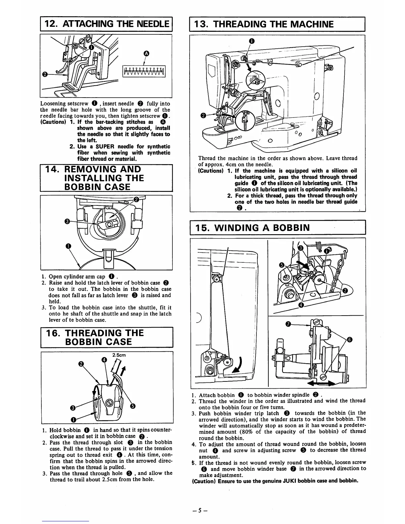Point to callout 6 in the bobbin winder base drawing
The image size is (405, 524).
(x=350, y=339)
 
